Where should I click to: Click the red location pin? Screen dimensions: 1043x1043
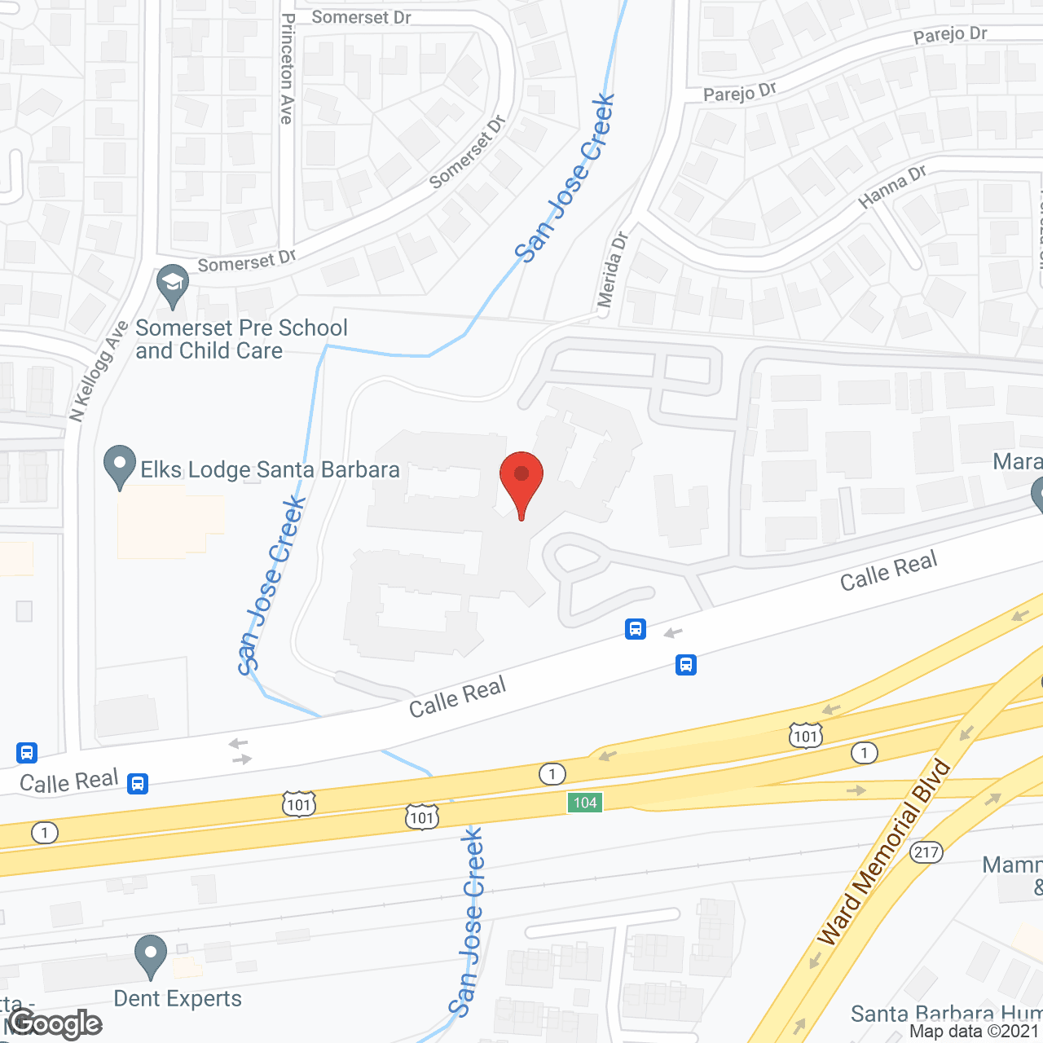521,481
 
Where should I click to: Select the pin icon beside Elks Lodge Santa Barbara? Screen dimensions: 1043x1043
120,465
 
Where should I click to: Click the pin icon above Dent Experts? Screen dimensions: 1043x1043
150,955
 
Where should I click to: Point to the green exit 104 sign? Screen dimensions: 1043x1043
585,803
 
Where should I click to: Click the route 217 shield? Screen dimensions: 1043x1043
926,852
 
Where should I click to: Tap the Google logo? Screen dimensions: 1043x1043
55,1023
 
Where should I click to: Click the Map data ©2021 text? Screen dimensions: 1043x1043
975,1031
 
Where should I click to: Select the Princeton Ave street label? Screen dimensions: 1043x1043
287,68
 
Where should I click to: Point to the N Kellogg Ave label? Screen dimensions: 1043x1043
99,371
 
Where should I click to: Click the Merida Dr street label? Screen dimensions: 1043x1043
612,269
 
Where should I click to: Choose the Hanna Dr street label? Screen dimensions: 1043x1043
892,187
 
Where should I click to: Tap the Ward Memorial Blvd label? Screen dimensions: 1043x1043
885,852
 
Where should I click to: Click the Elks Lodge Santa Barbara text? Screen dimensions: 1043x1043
270,470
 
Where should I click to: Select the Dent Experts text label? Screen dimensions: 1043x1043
178,998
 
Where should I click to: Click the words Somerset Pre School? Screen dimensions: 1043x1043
241,328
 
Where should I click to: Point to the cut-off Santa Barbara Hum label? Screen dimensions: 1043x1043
945,1014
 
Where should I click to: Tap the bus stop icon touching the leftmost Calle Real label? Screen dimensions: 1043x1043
138,783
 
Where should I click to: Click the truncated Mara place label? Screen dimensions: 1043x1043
1017,462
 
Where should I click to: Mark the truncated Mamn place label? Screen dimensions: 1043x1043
1012,865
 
